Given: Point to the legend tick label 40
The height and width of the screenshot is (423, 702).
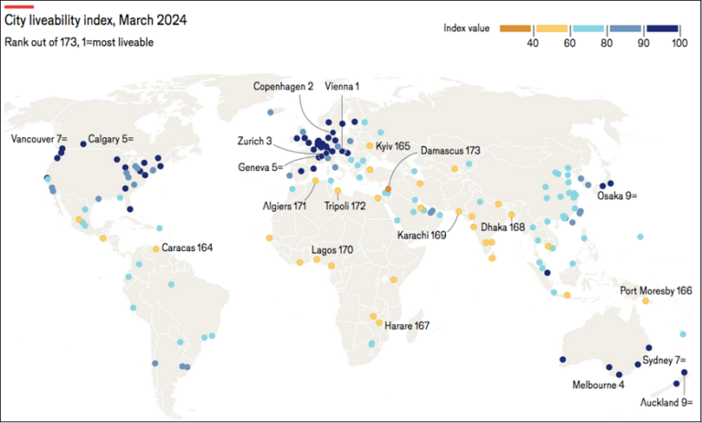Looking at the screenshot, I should (x=530, y=43).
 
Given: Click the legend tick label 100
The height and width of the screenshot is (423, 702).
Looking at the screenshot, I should (x=678, y=43).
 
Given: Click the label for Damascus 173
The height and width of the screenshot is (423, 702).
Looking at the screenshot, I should (x=450, y=150).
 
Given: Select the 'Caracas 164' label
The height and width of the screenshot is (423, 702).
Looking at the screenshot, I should (x=187, y=248).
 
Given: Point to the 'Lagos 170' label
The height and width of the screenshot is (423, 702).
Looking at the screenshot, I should (x=332, y=249).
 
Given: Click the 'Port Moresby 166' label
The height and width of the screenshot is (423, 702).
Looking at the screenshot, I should (x=655, y=291).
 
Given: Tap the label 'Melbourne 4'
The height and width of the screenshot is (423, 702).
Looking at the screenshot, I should (x=599, y=385).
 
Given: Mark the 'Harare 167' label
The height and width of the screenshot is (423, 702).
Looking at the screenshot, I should (x=408, y=325).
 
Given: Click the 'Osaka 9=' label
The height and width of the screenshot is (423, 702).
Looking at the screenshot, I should (x=618, y=196).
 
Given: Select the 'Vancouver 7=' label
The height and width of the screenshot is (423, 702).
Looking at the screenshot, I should (x=39, y=140).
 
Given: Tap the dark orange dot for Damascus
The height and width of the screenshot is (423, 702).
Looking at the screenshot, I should (x=387, y=189).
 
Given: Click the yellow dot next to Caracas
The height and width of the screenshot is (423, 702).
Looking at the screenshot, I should (x=156, y=249).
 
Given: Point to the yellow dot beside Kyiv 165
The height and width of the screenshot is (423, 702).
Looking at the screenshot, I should (x=369, y=146).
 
